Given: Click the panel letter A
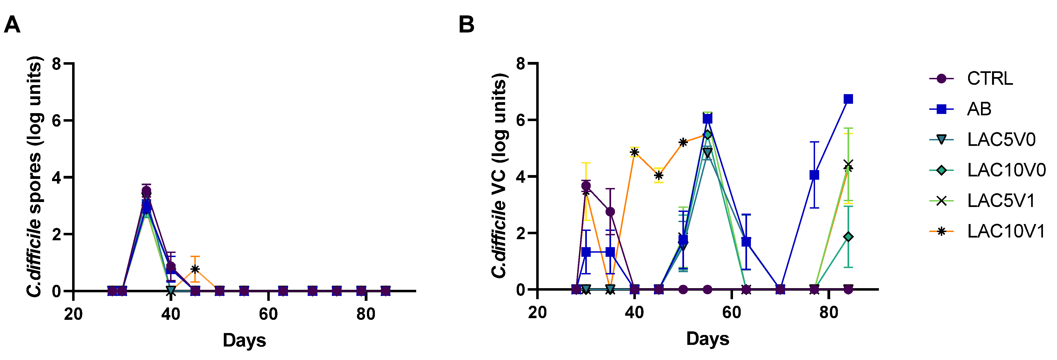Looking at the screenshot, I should [x=12, y=25].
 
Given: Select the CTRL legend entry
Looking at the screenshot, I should [x=989, y=78].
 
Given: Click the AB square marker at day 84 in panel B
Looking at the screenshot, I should [x=848, y=99].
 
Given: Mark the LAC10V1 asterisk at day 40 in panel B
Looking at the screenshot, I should [x=634, y=152].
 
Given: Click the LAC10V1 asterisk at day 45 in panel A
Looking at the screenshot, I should [x=195, y=269].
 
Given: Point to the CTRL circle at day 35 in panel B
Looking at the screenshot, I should [x=610, y=211].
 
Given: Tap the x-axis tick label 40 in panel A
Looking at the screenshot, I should [x=171, y=314].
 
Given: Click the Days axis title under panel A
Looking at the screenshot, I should [x=244, y=340].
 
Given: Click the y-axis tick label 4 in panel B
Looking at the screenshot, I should [x=520, y=176].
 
